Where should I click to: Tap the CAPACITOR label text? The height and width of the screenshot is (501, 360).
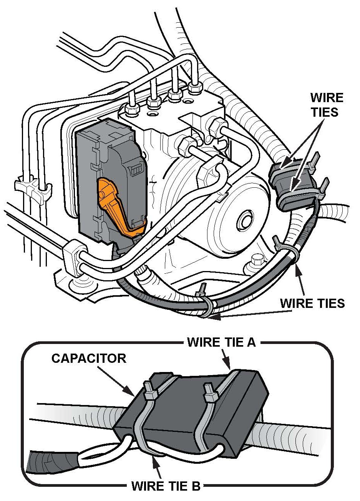point(89,358)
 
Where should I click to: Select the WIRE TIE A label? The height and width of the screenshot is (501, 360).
point(221,342)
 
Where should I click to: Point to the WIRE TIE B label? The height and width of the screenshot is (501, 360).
point(166,486)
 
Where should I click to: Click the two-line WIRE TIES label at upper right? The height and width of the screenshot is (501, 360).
point(326,104)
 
